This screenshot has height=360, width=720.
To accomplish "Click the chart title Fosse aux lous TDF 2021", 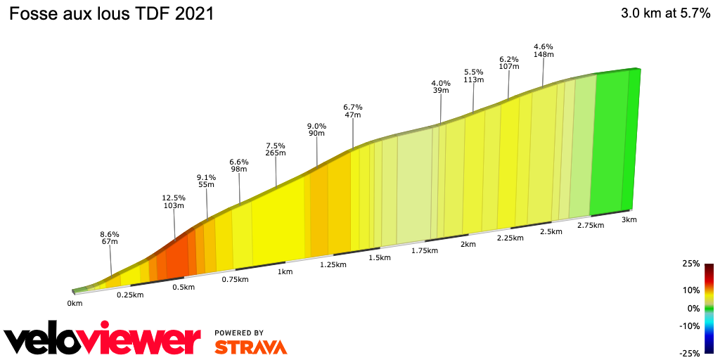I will (x=111, y=14).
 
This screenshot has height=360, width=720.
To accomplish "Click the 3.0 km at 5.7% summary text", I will (x=665, y=14).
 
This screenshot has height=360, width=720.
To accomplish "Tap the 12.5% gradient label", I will (x=174, y=198).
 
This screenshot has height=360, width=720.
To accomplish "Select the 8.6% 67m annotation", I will (x=110, y=238).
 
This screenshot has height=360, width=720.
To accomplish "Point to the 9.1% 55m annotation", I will (x=206, y=181).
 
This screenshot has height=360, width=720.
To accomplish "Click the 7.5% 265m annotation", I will (x=276, y=149).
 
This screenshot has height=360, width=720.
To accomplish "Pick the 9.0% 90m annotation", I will (x=316, y=130).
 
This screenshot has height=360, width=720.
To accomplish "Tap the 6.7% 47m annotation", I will (x=352, y=110).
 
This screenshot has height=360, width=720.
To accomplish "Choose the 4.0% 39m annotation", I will (x=441, y=87).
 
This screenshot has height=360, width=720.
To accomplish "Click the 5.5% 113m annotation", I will (x=474, y=76).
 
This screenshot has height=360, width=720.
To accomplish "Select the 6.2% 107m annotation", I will (x=508, y=63).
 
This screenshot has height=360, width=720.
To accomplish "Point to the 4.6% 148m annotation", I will (x=544, y=51).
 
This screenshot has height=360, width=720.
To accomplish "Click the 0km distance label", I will (x=75, y=303).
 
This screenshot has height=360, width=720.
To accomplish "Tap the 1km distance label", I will (x=285, y=272).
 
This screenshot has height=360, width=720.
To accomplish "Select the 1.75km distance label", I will (x=425, y=251).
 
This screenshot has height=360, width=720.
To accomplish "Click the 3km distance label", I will (x=629, y=219).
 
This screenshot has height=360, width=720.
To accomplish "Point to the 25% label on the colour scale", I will (x=691, y=264).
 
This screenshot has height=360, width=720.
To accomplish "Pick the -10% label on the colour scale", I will (x=690, y=326).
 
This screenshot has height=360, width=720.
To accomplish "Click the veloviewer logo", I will (x=102, y=341).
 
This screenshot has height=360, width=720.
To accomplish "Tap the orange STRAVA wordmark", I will (x=250, y=347).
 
